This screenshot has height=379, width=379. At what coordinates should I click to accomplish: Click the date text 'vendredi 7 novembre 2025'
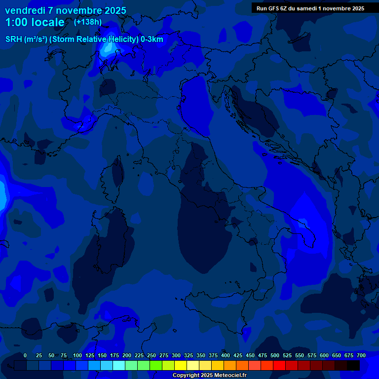66,10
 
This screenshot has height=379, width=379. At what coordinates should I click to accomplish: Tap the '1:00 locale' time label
35,22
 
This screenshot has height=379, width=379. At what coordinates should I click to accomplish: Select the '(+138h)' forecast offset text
87,22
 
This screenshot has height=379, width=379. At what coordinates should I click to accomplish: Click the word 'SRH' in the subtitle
13,39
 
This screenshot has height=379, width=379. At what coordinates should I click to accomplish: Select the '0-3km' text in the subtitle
152,39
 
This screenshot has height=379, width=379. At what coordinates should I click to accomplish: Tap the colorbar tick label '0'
25,355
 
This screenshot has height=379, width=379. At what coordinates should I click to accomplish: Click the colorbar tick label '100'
77,355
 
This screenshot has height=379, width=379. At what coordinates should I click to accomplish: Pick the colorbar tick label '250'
152,355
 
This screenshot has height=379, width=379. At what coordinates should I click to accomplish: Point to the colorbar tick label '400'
226,355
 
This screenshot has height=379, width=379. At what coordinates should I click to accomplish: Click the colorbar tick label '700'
361,355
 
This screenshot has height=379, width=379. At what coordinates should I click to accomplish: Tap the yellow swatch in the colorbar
181,365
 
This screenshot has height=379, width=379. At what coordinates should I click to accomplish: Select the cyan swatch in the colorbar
119,365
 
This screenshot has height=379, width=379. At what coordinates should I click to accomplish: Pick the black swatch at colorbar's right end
353,365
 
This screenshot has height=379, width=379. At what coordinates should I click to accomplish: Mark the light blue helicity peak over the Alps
108,48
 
